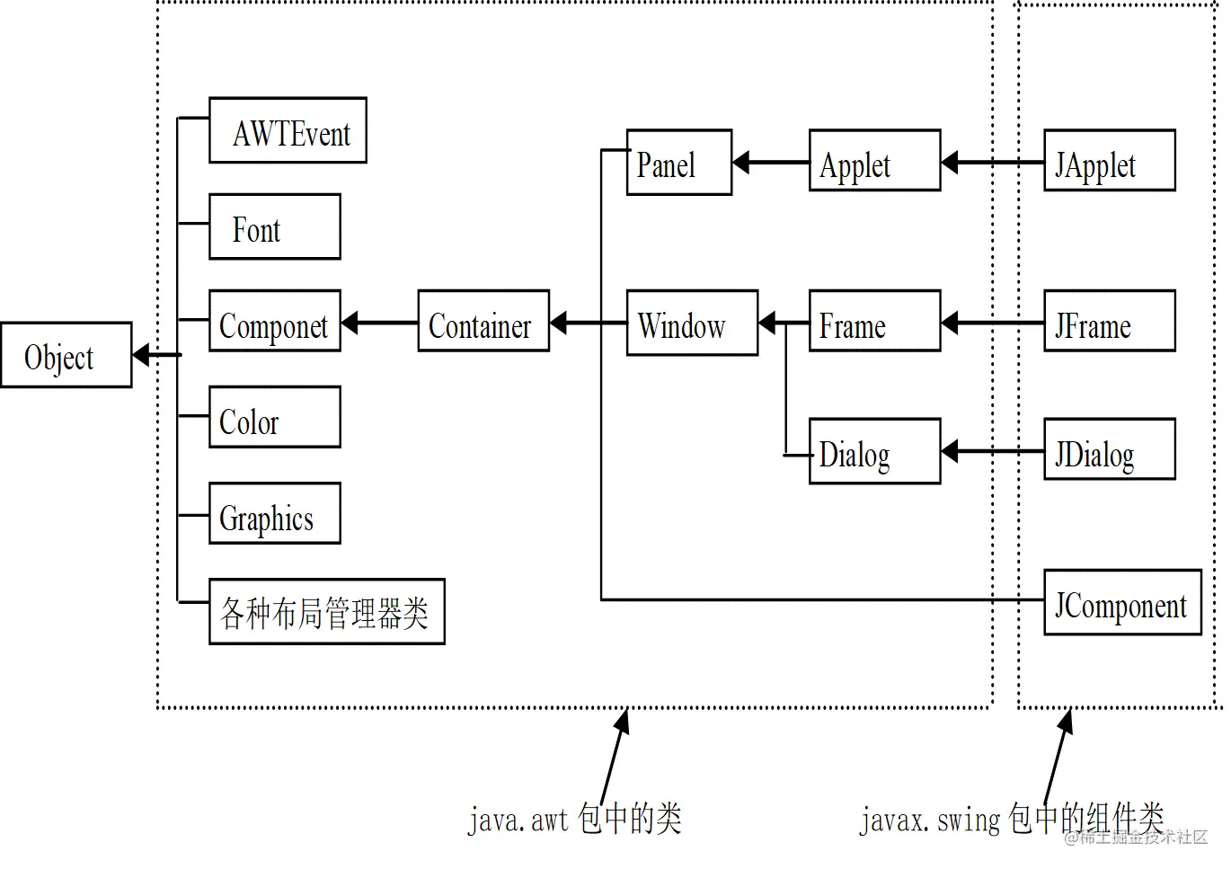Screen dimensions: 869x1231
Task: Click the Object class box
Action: pyautogui.click(x=66, y=355)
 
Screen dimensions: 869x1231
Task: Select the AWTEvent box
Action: pyautogui.click(x=288, y=130)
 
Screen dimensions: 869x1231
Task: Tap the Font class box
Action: pyautogui.click(x=274, y=226)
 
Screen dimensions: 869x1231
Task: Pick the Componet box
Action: pyautogui.click(x=274, y=321)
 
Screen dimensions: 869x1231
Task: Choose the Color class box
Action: pyautogui.click(x=274, y=417)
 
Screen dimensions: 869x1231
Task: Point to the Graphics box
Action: pyautogui.click(x=274, y=513)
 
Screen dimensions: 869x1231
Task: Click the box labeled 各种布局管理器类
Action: pyautogui.click(x=326, y=611)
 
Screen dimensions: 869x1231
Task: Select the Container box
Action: pyautogui.click(x=483, y=321)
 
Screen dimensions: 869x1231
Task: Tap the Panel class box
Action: pyautogui.click(x=678, y=163)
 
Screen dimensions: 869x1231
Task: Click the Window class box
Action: pyautogui.click(x=692, y=323)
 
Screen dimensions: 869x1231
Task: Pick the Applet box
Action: pyautogui.click(x=874, y=161)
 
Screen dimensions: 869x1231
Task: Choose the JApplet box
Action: pyautogui.click(x=1109, y=161)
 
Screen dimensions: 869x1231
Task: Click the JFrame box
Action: pyautogui.click(x=1109, y=321)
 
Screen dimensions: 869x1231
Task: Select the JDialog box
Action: pyautogui.click(x=1109, y=449)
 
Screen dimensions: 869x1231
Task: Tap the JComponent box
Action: pyautogui.click(x=1122, y=603)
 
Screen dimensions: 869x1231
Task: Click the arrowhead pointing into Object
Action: pyautogui.click(x=141, y=356)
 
